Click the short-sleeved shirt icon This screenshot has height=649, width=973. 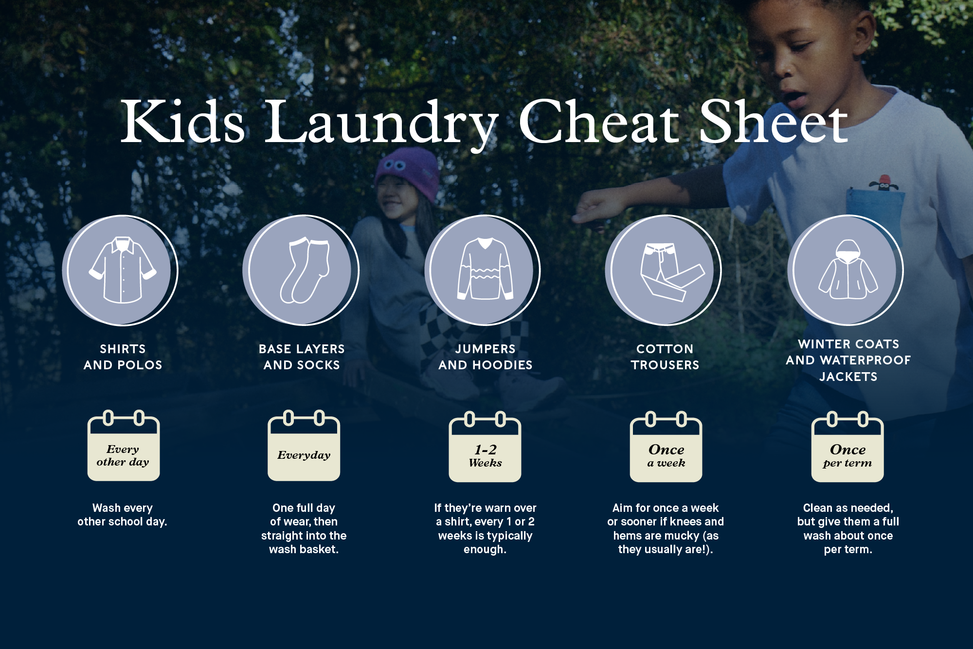coord(123,270)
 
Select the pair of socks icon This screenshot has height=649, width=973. coord(305,271)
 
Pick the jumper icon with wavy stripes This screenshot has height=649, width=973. coord(485,269)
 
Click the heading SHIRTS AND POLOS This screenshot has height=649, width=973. coord(123,357)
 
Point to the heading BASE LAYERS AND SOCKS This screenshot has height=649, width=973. coord(302,357)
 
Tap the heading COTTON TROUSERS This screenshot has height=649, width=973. coord(665,357)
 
